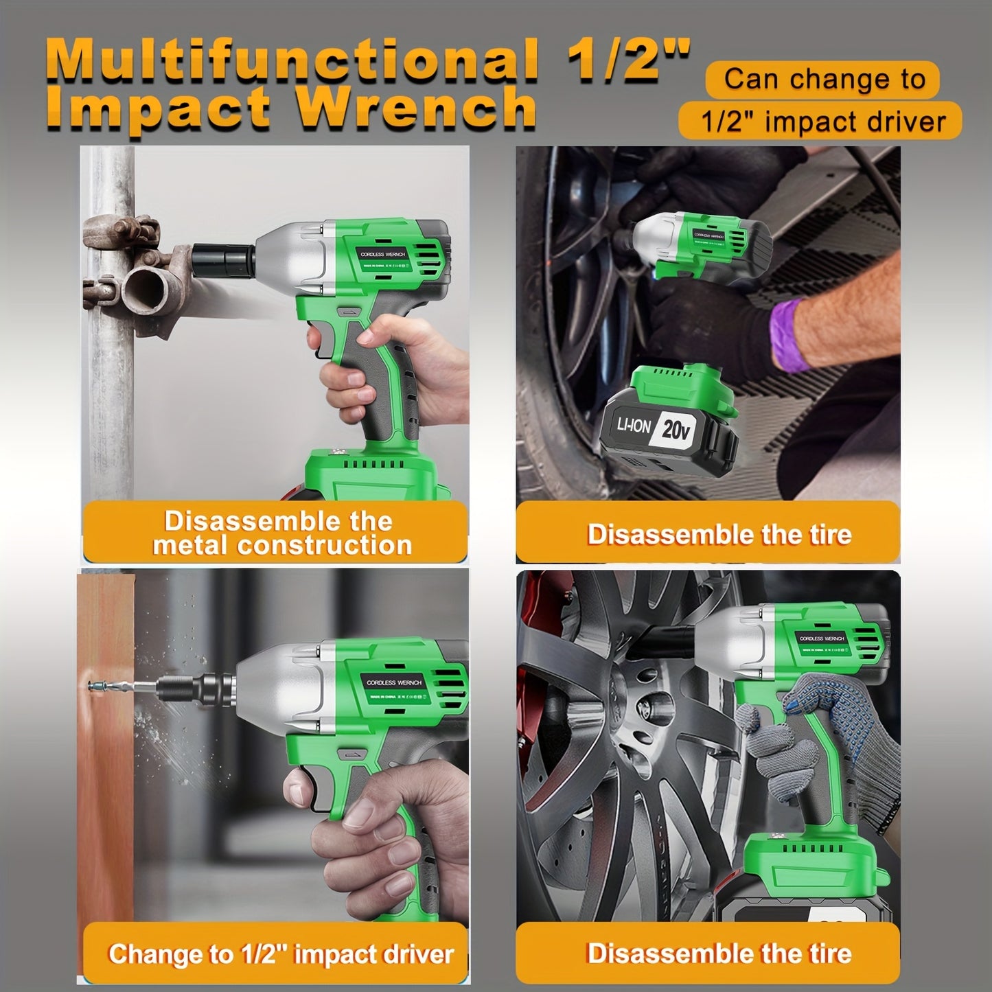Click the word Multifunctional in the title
coord(295,60)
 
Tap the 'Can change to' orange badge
coord(823,79)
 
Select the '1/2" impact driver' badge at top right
coord(822,122)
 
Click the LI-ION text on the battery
coord(633,426)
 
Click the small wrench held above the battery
coord(700,247)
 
